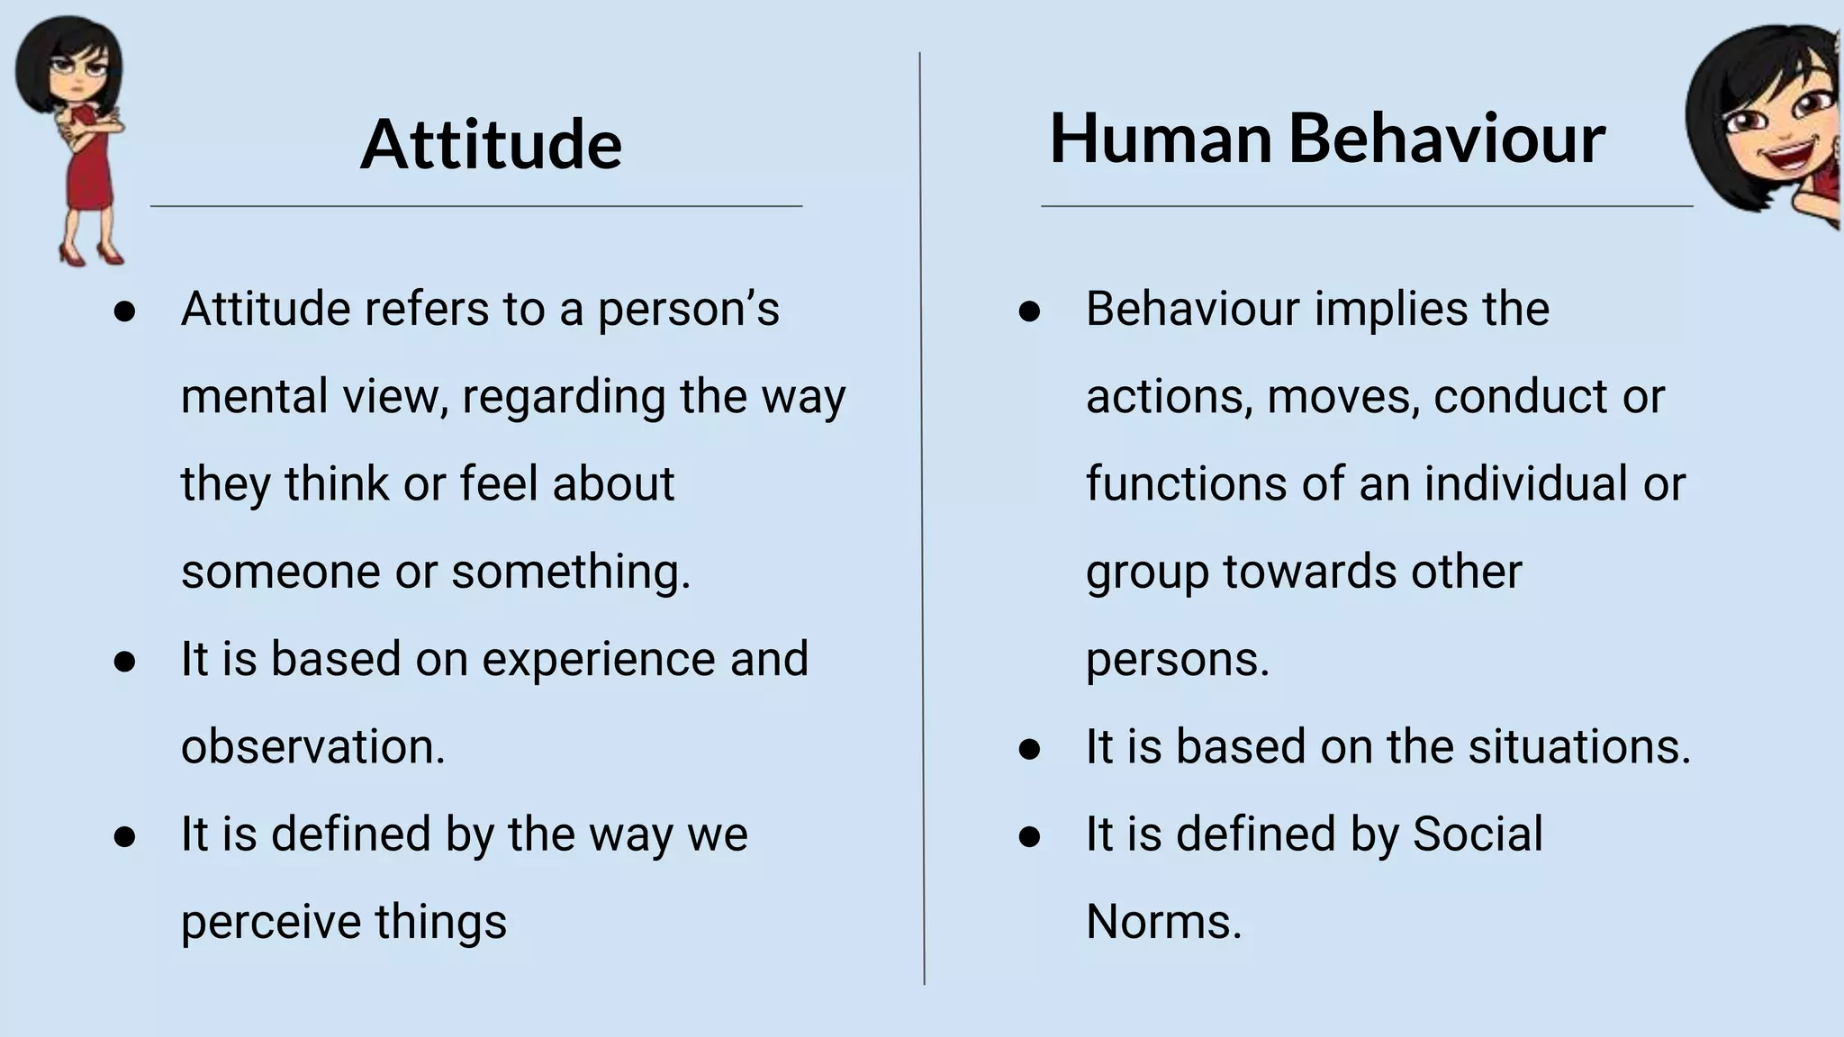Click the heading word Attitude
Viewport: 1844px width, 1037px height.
pyautogui.click(x=491, y=144)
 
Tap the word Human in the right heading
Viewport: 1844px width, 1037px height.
pyautogui.click(x=1161, y=139)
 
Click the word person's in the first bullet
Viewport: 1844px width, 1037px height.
pyautogui.click(x=689, y=309)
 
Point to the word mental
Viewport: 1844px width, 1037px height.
pyautogui.click(x=240, y=396)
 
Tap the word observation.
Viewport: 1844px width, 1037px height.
pyautogui.click(x=312, y=746)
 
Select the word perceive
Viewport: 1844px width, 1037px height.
pyautogui.click(x=270, y=923)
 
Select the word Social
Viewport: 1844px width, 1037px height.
pyautogui.click(x=1478, y=834)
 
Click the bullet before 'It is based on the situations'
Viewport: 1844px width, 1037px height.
pyautogui.click(x=1029, y=749)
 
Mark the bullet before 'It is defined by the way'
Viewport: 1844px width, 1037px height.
pyautogui.click(x=124, y=836)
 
